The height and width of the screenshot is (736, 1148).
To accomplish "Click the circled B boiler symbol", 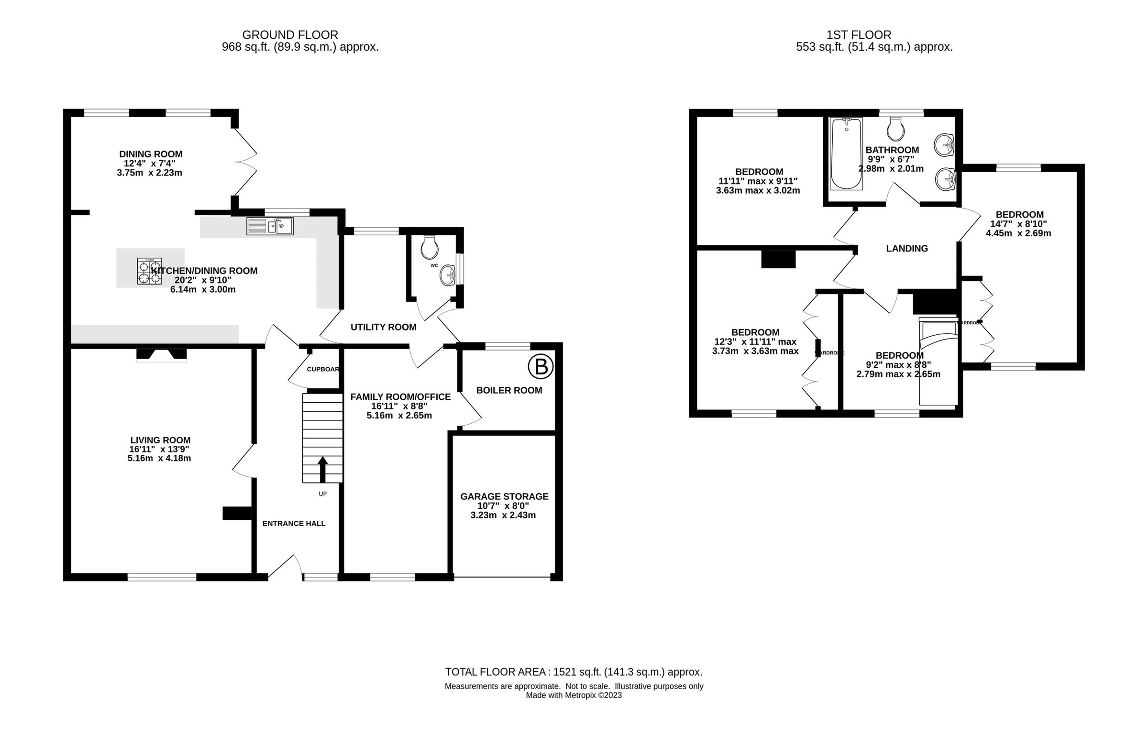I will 541,367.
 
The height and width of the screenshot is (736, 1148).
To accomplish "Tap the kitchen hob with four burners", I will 149,271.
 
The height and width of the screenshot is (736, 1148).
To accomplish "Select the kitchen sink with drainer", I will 270,226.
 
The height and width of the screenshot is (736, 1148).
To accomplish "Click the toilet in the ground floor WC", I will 429,246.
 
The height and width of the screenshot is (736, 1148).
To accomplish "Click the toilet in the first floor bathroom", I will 895,128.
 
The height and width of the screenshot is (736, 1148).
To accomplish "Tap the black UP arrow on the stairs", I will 323,469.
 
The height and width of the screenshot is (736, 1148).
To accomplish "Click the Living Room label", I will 160,440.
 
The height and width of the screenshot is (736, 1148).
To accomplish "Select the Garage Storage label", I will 504,496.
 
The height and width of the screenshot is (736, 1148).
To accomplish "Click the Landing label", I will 906,248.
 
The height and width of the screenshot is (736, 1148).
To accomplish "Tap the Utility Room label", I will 383,327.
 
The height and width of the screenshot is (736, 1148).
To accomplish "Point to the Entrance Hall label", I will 294,523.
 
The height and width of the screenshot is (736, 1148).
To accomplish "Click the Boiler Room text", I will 509,390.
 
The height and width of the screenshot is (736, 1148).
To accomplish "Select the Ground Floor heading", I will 290,35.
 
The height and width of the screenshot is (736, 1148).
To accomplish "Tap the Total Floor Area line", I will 574,672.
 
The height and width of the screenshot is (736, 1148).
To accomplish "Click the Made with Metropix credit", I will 574,695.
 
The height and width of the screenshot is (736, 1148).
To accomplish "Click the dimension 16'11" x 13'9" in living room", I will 159,449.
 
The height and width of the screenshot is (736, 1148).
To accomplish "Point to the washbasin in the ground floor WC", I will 448,275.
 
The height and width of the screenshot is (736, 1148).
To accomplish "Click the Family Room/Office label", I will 400,397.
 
